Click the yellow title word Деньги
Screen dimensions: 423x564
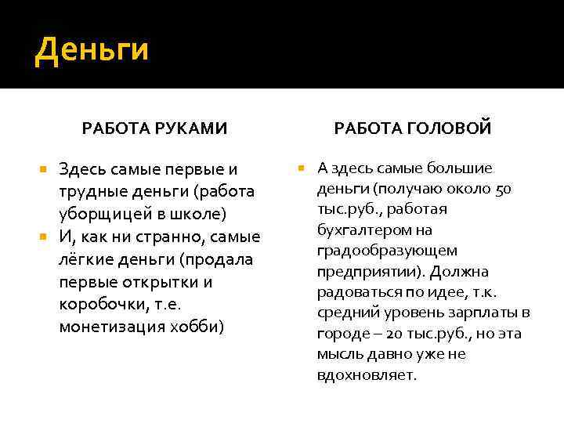(92, 50)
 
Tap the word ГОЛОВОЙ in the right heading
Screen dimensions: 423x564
(452, 128)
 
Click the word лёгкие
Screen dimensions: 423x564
(88, 259)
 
